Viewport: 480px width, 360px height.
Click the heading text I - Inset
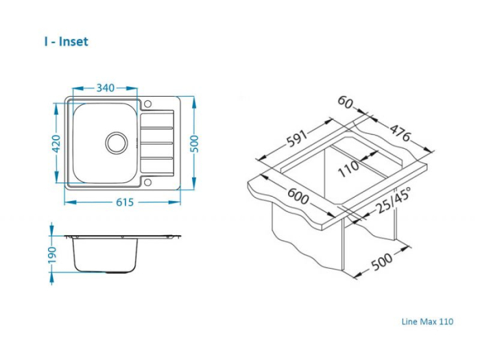click(66, 42)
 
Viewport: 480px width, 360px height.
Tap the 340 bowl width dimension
click(105, 88)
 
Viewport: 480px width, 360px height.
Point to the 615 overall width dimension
click(124, 202)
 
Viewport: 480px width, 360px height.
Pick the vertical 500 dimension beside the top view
click(194, 143)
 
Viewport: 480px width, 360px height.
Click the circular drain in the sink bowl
click(116, 143)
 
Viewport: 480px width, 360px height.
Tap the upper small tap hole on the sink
click(147, 104)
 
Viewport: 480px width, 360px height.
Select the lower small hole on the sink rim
click(147, 182)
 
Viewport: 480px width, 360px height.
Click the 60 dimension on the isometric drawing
click(346, 102)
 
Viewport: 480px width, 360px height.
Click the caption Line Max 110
click(427, 321)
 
